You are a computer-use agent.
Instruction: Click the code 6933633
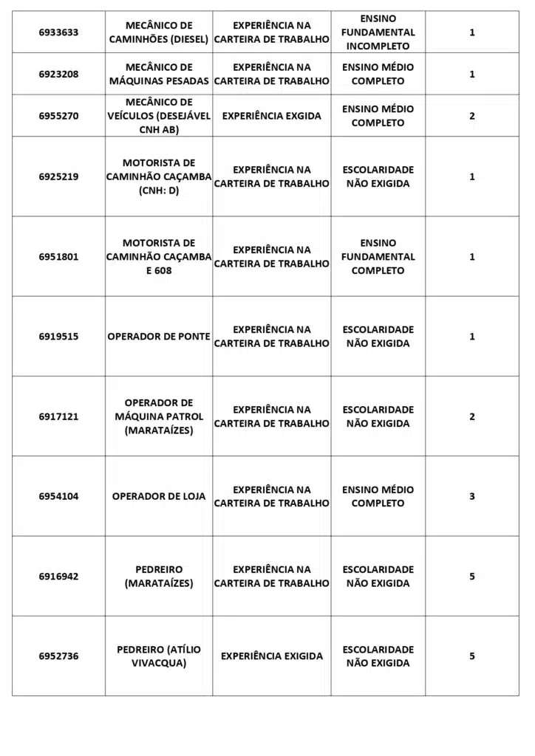point(58,32)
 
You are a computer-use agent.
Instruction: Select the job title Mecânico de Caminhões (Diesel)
point(159,32)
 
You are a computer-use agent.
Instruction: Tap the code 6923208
point(58,74)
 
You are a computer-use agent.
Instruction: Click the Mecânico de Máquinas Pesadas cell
point(159,74)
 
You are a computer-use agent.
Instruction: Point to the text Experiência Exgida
point(271,116)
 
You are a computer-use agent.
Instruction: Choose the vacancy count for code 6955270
point(472,116)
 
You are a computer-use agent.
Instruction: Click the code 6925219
point(58,177)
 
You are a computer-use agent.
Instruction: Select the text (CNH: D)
point(159,191)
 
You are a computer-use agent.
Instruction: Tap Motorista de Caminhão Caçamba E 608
point(159,257)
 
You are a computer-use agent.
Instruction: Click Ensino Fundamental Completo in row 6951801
point(378,257)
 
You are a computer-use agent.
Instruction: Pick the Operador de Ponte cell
point(159,337)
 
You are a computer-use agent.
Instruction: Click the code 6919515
point(58,337)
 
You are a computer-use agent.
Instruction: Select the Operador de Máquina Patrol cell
point(159,416)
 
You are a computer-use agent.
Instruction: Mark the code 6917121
point(58,416)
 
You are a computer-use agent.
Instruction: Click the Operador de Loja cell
point(159,497)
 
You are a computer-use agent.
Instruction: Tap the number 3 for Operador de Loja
point(472,496)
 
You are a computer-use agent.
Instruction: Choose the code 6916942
point(58,577)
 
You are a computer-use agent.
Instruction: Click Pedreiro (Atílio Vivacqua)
point(159,656)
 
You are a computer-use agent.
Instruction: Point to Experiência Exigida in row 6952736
point(271,656)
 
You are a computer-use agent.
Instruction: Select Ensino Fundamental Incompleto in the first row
point(378,32)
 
